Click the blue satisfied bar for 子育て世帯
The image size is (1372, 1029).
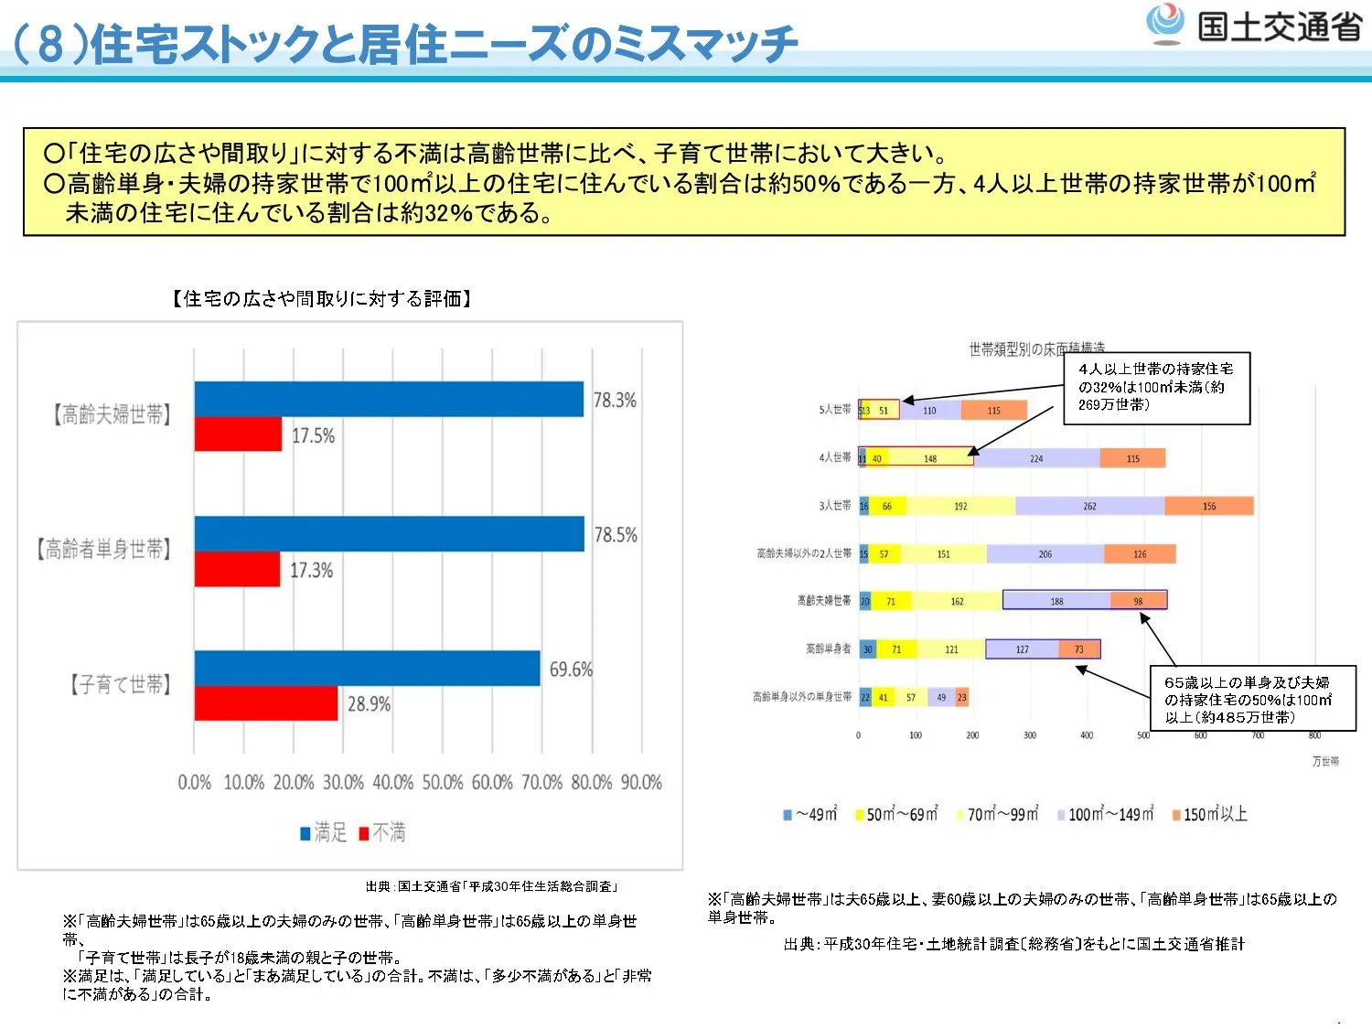[367, 668]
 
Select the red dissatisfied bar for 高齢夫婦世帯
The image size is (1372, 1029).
[238, 434]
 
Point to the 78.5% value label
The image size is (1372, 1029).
[616, 535]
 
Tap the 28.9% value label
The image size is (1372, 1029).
[369, 704]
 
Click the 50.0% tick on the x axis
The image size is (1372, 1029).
[443, 783]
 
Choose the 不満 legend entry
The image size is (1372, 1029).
[382, 832]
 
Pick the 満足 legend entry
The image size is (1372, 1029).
[324, 832]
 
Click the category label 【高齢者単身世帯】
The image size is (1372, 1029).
[103, 550]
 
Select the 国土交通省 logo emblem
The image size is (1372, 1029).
[1164, 24]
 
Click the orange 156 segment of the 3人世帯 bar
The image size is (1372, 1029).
[1209, 506]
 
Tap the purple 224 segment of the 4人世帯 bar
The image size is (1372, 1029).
[1036, 458]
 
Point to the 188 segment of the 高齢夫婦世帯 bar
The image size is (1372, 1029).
[1056, 601]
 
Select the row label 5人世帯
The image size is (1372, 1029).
[834, 410]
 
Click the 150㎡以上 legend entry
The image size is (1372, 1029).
[1209, 814]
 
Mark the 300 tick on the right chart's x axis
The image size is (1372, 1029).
[1030, 735]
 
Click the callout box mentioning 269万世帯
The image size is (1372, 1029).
[1156, 388]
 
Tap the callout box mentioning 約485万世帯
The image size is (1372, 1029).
[1252, 700]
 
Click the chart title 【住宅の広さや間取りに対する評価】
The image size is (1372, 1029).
[321, 299]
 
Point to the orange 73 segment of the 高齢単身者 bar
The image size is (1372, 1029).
[1079, 649]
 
